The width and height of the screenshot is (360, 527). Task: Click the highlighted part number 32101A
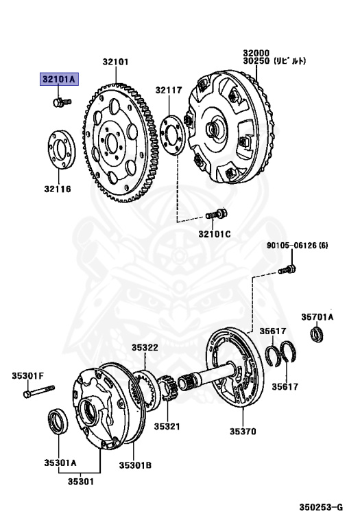pos(59,79)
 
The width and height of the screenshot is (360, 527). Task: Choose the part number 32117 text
pos(168,90)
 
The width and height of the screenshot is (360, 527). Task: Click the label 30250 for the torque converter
pos(254,61)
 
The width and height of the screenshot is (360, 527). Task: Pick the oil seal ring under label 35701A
pos(316,336)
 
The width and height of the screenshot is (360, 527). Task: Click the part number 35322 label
pos(145,348)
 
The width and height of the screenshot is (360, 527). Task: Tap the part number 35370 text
pos(243,432)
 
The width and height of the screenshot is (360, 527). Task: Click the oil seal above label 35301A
pos(57,422)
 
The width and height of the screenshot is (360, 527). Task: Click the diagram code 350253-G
pos(320,508)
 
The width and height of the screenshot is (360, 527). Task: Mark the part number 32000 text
pos(254,52)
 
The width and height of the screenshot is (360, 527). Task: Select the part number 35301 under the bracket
pos(80,481)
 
